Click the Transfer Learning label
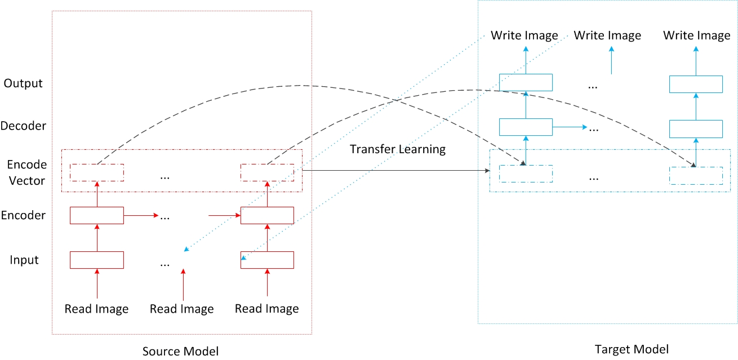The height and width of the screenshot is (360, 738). click(398, 149)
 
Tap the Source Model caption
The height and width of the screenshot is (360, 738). click(180, 351)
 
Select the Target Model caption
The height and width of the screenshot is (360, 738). click(632, 349)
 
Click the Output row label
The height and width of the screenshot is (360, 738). click(23, 83)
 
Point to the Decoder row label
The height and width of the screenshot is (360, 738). click(23, 126)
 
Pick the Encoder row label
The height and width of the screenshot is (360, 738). click(23, 215)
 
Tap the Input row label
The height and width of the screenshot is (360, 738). click(24, 260)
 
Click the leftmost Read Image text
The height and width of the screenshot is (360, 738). click(96, 309)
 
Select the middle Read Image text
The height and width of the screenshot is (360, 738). click(181, 309)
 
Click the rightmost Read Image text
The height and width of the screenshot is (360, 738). click(266, 309)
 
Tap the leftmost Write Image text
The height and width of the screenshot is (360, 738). click(524, 35)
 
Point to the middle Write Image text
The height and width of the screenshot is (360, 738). click(607, 35)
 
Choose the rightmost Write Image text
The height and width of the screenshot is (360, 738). click(696, 35)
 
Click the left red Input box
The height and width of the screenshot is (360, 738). click(96, 260)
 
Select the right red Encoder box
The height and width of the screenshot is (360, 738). click(267, 215)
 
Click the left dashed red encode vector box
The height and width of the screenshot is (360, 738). click(96, 172)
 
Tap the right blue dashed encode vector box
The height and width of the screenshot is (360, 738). click(696, 175)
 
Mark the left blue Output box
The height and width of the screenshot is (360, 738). click(526, 83)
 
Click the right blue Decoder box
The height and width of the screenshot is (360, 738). click(696, 128)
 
